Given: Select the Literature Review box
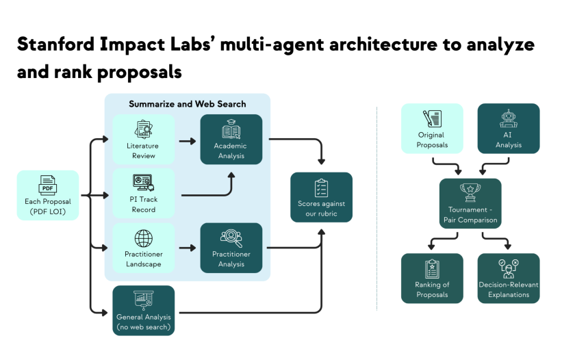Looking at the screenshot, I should coord(144,139).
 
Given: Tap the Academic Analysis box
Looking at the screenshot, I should coord(231,139).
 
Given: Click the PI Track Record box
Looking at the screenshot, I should coord(144,193).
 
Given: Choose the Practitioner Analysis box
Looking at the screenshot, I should coord(231,247).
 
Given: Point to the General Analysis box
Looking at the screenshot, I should coord(144,310).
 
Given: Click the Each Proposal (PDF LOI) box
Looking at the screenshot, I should coord(48,195).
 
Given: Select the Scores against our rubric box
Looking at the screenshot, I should coord(321,197).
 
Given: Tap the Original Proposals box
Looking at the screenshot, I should coord(432,128).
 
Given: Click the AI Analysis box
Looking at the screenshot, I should coord(508,128).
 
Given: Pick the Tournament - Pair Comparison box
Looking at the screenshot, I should coord(470,203).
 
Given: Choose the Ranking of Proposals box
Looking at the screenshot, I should coord(432,278).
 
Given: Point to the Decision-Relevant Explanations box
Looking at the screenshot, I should coord(508,278).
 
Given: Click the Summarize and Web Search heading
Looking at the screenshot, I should coord(187,104).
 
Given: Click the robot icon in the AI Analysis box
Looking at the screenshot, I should coord(508,119).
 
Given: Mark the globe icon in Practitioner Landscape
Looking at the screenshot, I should coord(144,238).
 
